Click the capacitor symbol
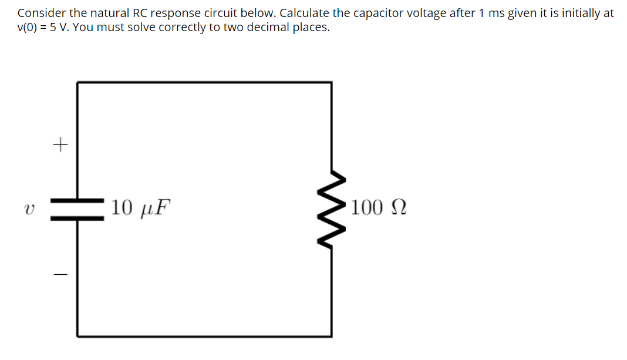tap(77, 209)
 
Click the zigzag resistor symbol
tap(332, 208)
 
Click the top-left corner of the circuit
tap(77, 83)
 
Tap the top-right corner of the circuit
tap(332, 83)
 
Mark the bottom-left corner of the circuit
tap(77, 336)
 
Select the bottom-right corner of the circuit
tap(332, 336)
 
